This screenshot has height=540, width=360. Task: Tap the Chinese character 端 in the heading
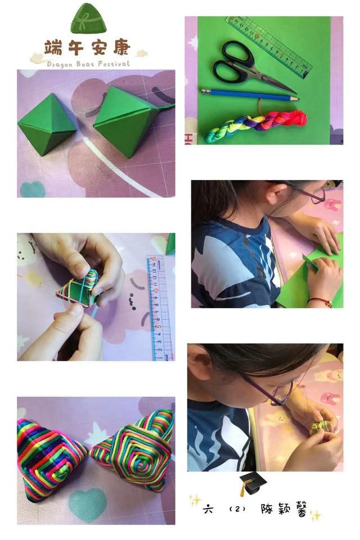click(x=53, y=47)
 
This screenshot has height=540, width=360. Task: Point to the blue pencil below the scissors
click(x=250, y=95)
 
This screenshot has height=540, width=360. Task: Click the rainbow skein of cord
click(x=255, y=126)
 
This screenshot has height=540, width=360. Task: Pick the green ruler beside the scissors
click(x=269, y=47)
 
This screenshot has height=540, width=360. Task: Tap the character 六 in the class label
click(x=208, y=508)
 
